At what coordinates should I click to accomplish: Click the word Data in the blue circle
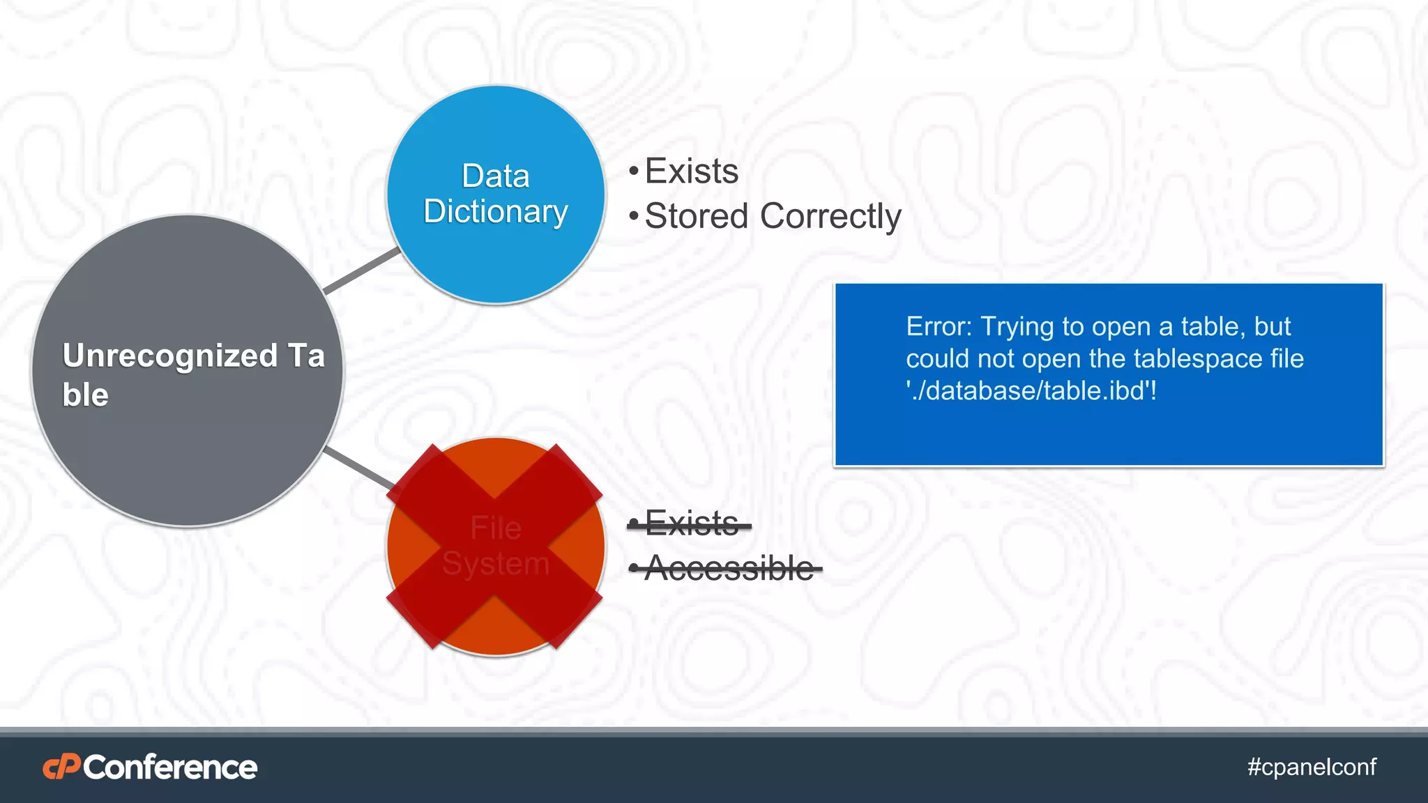495,176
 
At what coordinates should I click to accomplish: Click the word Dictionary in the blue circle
495,211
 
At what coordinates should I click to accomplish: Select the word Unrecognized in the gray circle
170,355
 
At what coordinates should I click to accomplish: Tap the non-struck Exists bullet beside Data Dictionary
691,171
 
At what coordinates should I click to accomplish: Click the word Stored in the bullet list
696,216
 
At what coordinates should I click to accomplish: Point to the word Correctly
830,216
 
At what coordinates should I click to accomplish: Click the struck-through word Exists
691,523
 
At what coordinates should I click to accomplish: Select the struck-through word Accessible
729,568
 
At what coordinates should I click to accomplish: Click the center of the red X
495,546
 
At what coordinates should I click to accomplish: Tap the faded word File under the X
495,528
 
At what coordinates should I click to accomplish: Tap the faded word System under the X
495,563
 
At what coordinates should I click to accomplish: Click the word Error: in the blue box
939,326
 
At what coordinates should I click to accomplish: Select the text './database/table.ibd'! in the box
1031,390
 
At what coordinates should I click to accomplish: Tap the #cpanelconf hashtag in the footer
1312,767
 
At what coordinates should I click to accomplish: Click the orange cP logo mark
61,767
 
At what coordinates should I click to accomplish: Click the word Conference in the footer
170,767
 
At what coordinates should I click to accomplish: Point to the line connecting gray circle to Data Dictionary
361,271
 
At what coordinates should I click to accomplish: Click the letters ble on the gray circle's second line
85,395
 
